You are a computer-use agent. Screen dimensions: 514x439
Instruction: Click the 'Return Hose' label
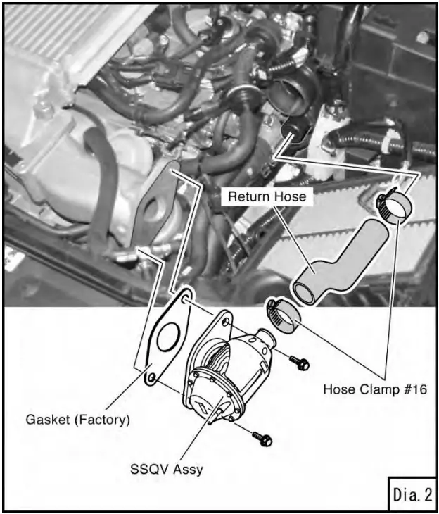tap(267, 196)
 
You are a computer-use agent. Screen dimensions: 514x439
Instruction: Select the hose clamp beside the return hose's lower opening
tap(283, 317)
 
